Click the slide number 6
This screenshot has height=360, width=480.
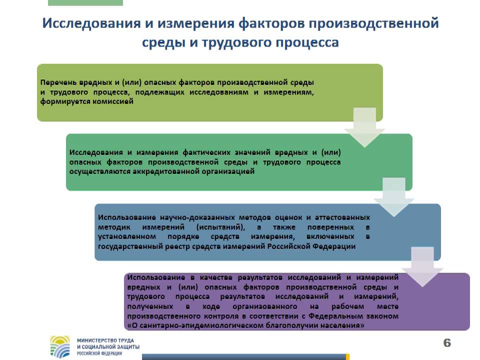click(447, 342)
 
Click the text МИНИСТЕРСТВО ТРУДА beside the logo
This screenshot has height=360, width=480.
click(104, 339)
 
